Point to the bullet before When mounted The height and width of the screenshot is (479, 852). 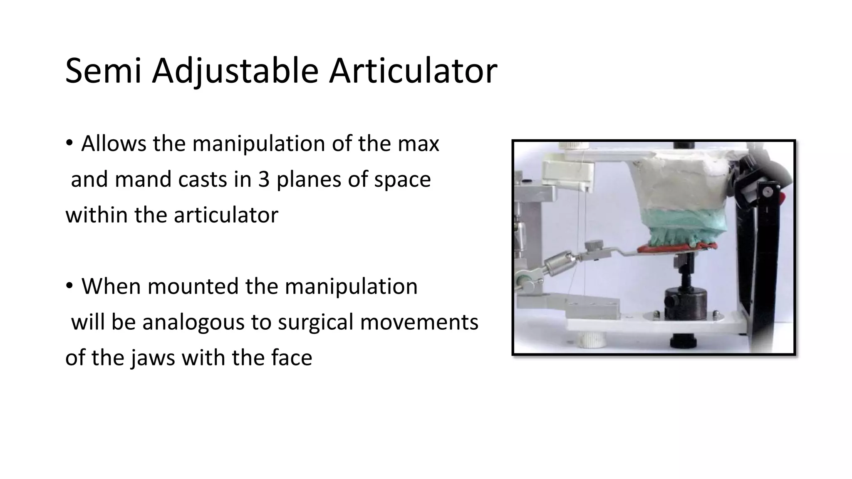tap(69, 286)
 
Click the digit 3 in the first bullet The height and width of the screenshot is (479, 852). tap(263, 180)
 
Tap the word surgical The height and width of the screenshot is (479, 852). tap(315, 323)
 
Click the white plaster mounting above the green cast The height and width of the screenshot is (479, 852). tap(686, 183)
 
